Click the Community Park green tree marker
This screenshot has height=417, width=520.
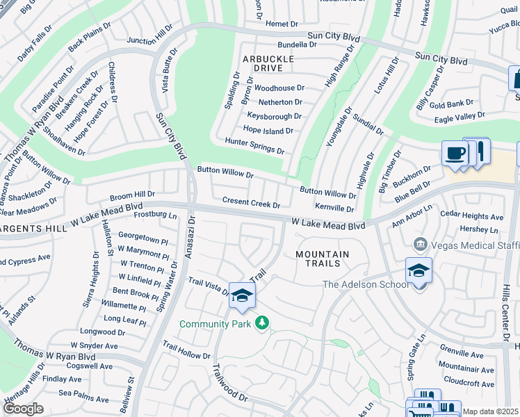pyautogui.click(x=261, y=323)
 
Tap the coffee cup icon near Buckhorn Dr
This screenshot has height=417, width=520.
pyautogui.click(x=455, y=154)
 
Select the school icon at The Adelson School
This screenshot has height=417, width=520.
pyautogui.click(x=419, y=270)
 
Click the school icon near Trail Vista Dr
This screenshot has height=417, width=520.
pyautogui.click(x=242, y=296)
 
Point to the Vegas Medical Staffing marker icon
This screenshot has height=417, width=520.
pyautogui.click(x=420, y=244)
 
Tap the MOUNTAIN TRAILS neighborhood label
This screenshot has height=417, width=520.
pyautogui.click(x=323, y=259)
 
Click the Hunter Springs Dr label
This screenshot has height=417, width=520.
pyautogui.click(x=254, y=145)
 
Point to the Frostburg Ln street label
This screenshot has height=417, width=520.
pyautogui.click(x=154, y=215)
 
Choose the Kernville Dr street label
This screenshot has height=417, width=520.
pyautogui.click(x=334, y=208)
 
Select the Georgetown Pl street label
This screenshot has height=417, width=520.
pyautogui.click(x=143, y=236)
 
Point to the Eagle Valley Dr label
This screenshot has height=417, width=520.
pyautogui.click(x=458, y=116)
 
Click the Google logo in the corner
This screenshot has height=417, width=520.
pyautogui.click(x=23, y=409)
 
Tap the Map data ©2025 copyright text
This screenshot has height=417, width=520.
pyautogui.click(x=490, y=411)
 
